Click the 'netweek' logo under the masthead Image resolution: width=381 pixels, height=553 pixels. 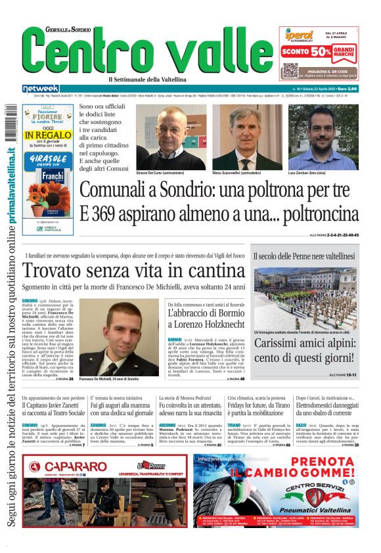pyautogui.click(x=41, y=89)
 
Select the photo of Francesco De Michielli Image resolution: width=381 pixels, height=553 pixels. pyautogui.click(x=124, y=338)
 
